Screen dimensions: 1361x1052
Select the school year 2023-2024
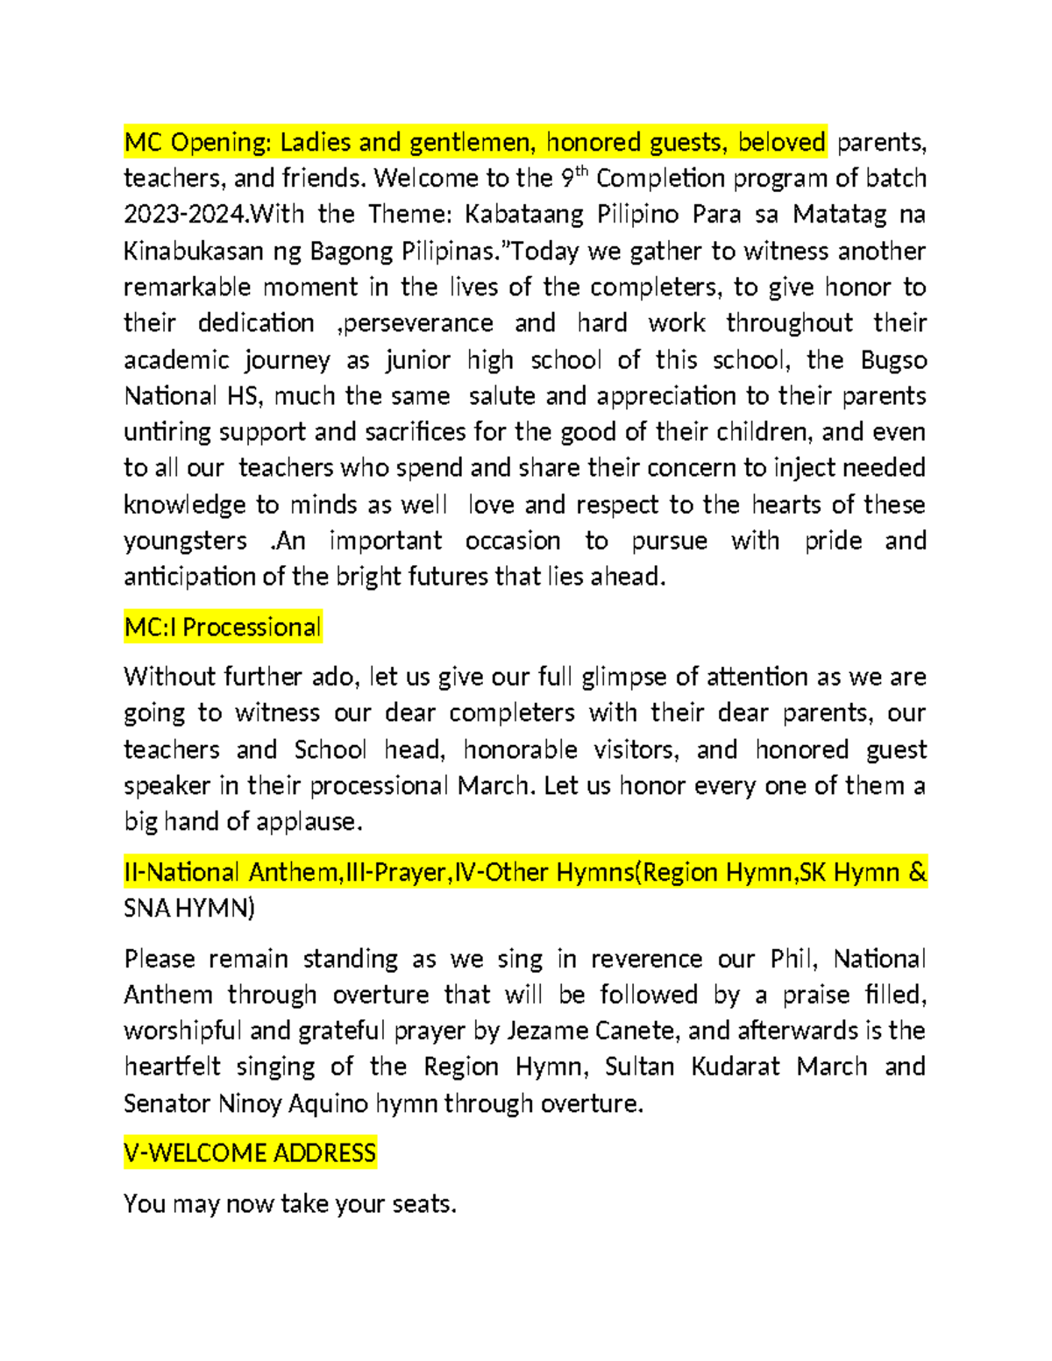tap(180, 215)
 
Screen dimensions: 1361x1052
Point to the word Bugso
tap(893, 360)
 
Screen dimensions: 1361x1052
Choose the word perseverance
tap(415, 323)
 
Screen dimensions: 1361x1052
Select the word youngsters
tap(185, 541)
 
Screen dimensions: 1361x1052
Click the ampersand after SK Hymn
tap(918, 873)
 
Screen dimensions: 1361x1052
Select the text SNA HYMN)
tap(189, 909)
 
